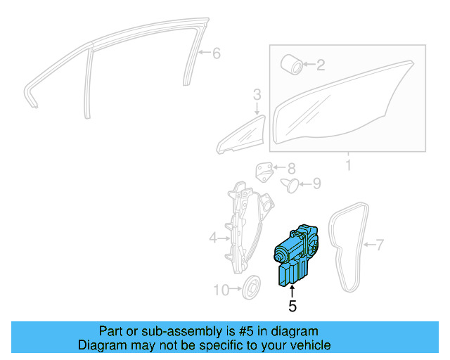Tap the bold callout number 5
[x=292, y=306]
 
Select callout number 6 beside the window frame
[x=216, y=53]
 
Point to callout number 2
[x=321, y=66]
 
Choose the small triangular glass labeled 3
[x=239, y=137]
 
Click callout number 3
[x=257, y=94]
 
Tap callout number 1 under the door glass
[x=347, y=167]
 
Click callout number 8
[x=291, y=169]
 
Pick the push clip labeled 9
[x=289, y=184]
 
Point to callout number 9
[x=316, y=184]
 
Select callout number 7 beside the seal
[x=380, y=245]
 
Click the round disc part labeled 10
[x=250, y=287]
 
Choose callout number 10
[x=221, y=290]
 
